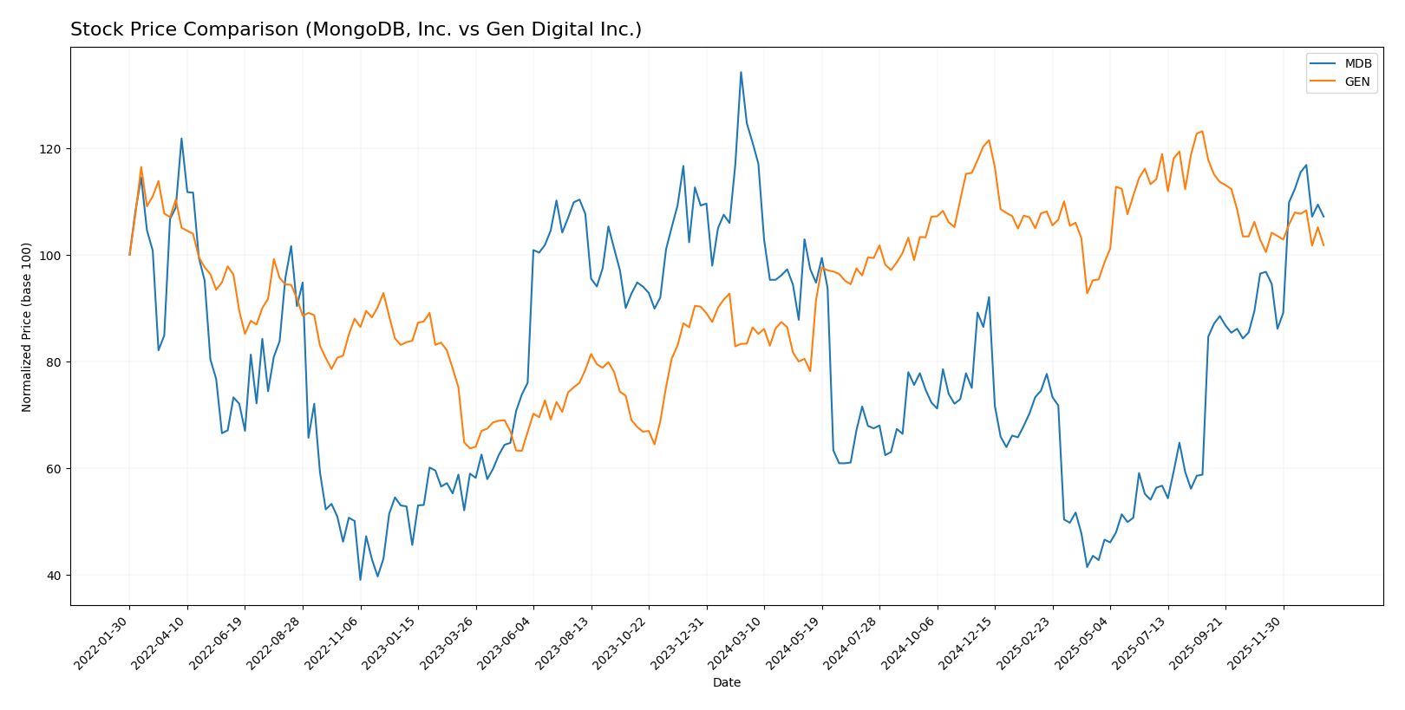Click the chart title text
(x=356, y=29)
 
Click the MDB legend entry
(x=1357, y=64)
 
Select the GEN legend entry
(x=1357, y=82)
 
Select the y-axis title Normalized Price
(x=27, y=326)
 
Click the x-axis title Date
(x=726, y=683)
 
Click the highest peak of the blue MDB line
(x=741, y=72)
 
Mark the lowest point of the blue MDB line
(x=360, y=580)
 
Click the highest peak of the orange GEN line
(x=1202, y=132)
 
